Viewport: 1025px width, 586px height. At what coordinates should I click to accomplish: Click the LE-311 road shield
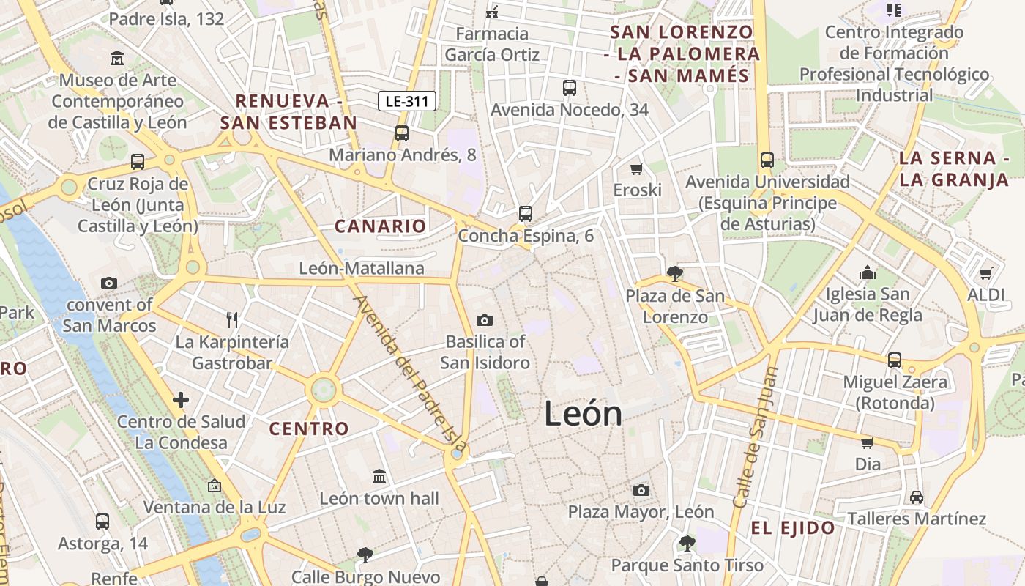coord(407,101)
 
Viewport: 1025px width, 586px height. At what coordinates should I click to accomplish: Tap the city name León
coord(583,414)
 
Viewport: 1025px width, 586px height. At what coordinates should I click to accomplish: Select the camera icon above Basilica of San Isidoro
coord(484,320)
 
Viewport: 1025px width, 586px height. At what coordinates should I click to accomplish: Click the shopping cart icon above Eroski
coord(636,168)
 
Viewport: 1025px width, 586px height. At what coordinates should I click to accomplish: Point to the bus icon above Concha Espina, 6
coord(525,214)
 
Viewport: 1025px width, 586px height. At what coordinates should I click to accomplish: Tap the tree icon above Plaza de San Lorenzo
coord(674,274)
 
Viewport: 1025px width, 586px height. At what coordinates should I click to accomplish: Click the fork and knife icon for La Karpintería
coord(232,319)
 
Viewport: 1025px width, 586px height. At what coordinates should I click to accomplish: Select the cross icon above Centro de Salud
coord(181,400)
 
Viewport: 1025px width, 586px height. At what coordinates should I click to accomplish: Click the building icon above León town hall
coord(379,477)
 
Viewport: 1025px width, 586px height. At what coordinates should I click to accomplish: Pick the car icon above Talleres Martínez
coord(916,497)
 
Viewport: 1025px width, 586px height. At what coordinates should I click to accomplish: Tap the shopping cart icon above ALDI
coord(985,273)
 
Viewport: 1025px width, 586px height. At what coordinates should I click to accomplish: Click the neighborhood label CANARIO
coord(380,226)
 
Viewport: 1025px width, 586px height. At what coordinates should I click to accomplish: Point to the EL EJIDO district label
coord(793,528)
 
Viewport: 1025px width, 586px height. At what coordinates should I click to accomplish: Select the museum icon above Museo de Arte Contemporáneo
coord(117,58)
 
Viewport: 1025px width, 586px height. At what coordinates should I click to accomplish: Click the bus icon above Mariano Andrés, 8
coord(401,133)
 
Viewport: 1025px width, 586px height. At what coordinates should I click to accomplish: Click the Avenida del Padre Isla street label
coord(409,372)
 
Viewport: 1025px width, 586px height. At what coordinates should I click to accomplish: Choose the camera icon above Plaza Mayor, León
coord(641,490)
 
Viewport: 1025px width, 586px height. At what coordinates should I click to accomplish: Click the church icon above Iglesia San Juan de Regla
coord(867,272)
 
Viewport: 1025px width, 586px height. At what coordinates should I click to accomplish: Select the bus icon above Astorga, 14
coord(102,522)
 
